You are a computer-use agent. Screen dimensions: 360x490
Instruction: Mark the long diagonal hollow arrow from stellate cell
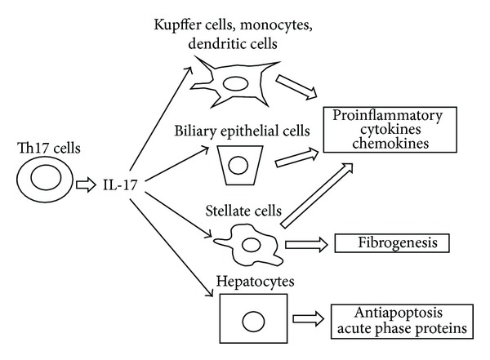point(318,193)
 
